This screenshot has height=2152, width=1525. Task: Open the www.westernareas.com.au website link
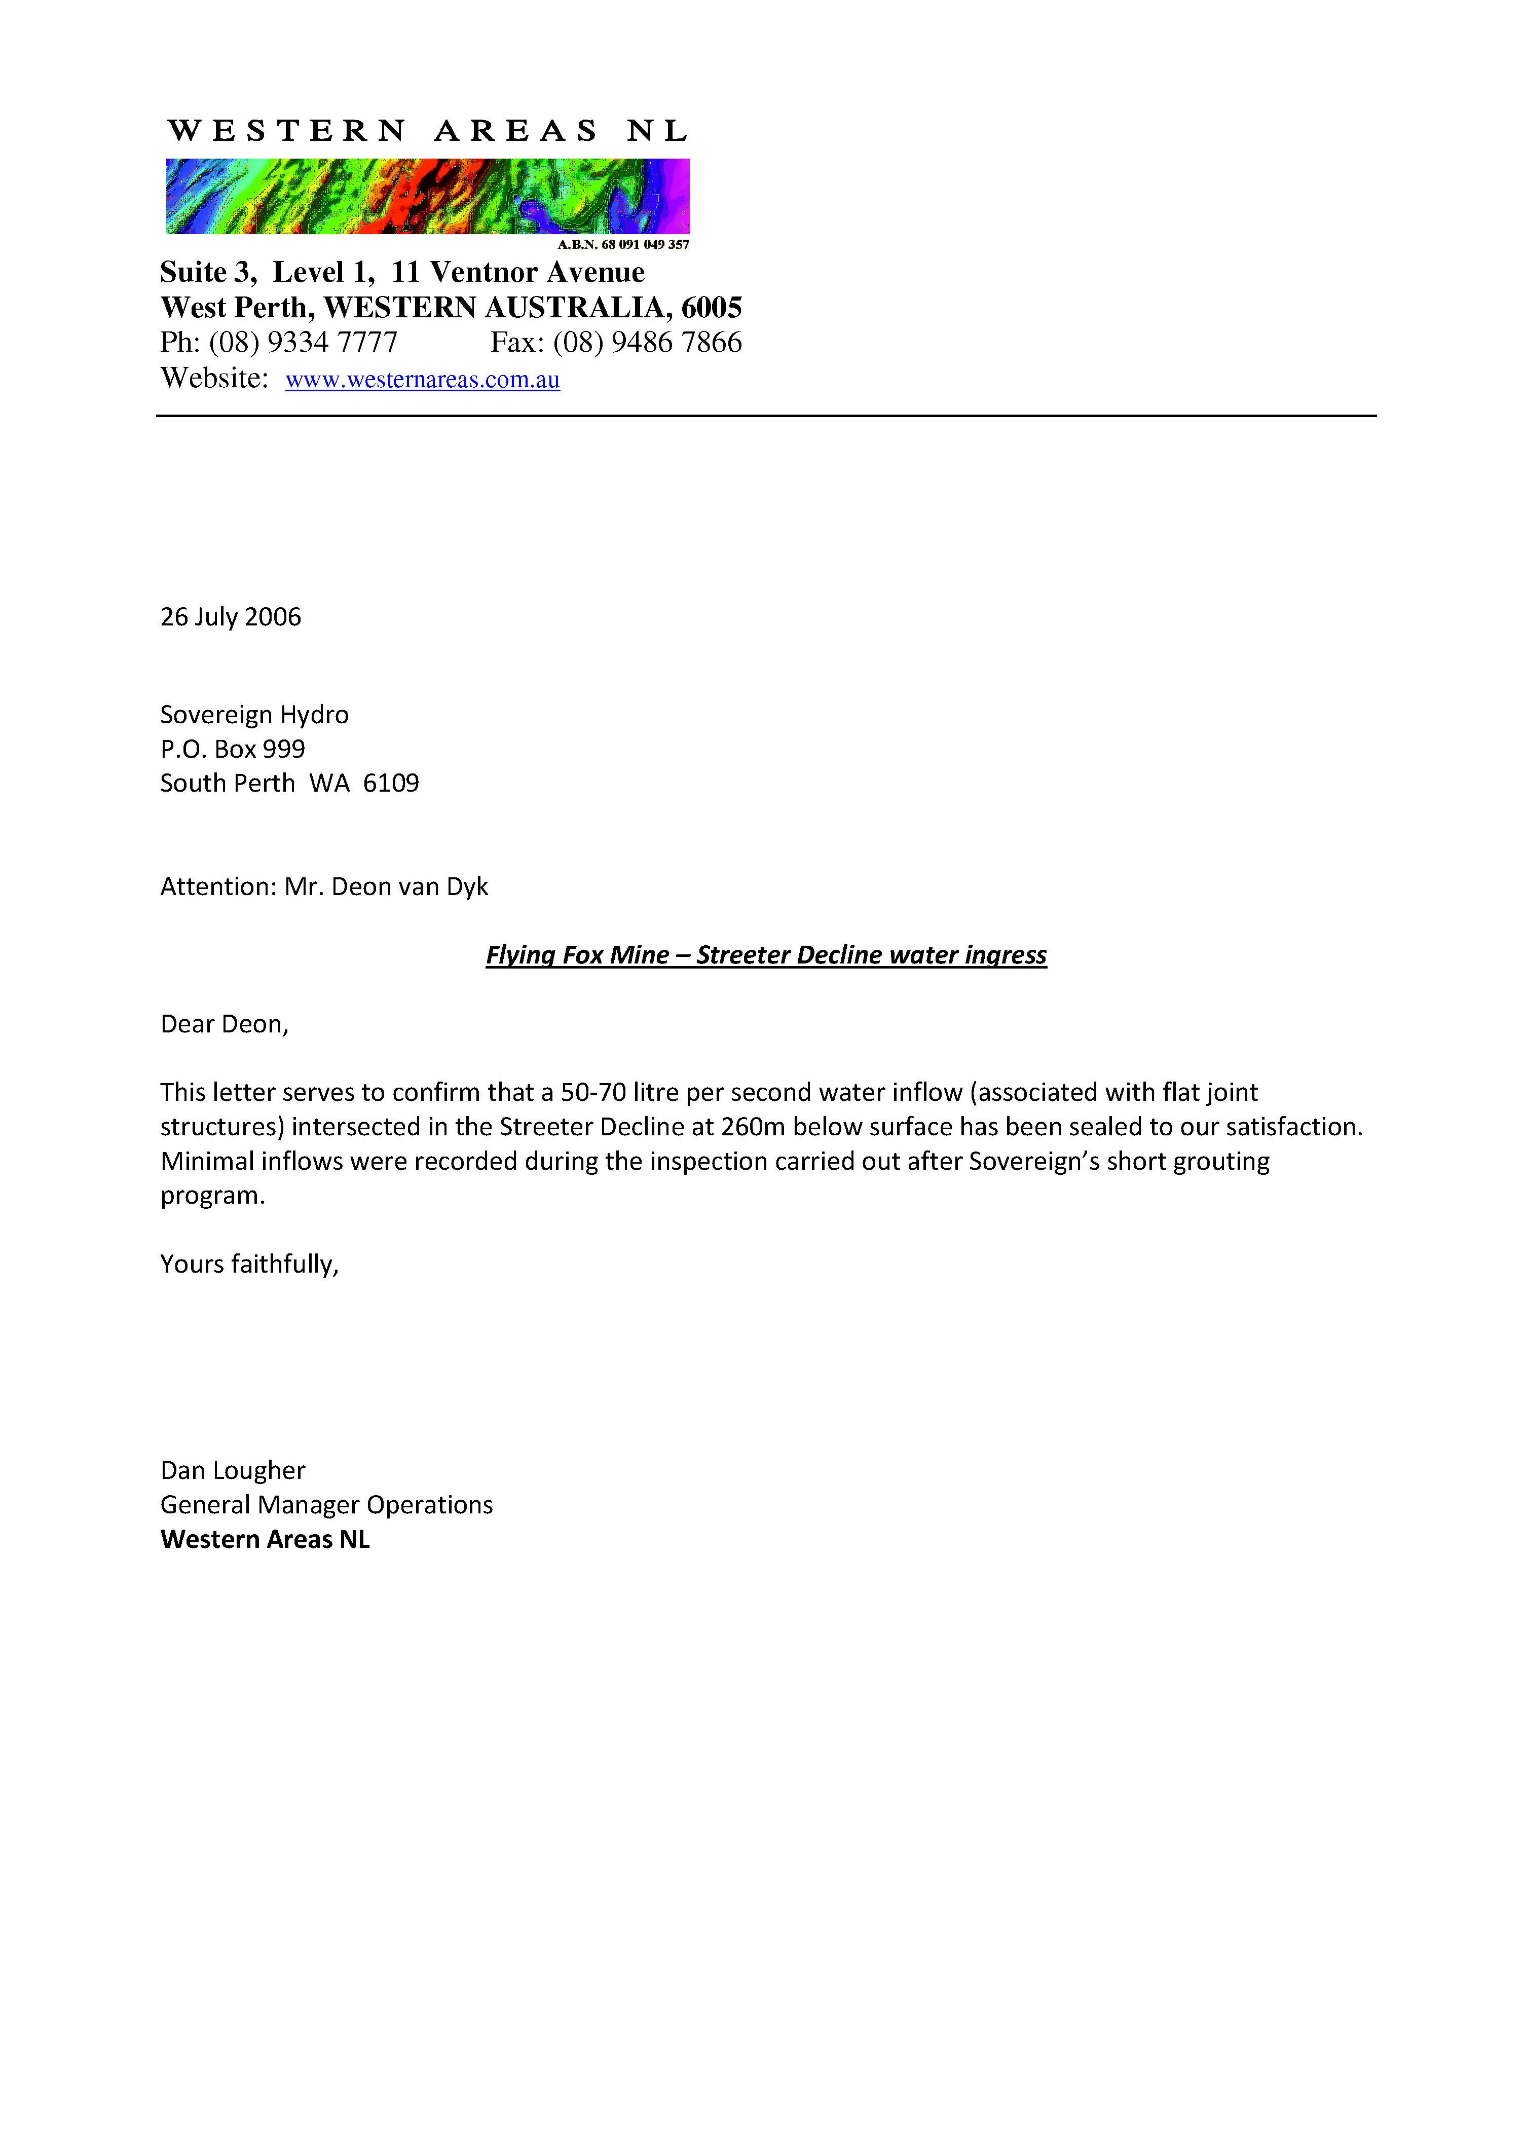coord(423,380)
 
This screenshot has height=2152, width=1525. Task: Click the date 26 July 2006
coord(231,617)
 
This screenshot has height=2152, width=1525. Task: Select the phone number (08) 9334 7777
coord(303,343)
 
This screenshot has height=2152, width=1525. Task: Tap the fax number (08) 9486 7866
coord(647,343)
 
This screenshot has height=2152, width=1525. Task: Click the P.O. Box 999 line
coord(233,749)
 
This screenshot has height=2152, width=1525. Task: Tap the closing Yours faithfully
coord(249,1264)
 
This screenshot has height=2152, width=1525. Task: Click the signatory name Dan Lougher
coord(233,1470)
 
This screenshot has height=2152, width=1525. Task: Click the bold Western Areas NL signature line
coord(266,1540)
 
